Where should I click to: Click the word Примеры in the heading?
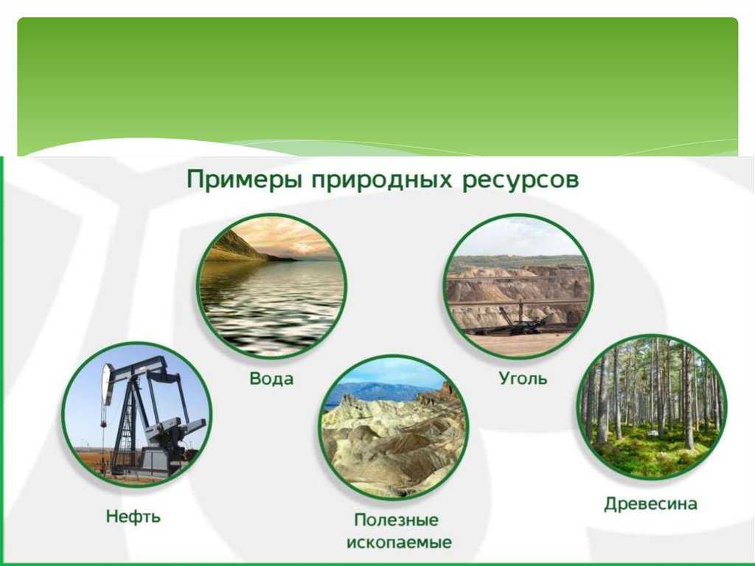(x=245, y=180)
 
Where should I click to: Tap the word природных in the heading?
(x=382, y=180)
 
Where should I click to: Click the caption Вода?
(x=271, y=379)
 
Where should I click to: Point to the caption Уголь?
(x=523, y=378)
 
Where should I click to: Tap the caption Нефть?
(x=133, y=517)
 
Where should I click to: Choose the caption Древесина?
(x=650, y=504)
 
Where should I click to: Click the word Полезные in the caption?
(x=396, y=520)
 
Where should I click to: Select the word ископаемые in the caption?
(x=399, y=542)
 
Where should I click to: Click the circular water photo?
(x=271, y=286)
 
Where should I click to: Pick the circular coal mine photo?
(x=518, y=286)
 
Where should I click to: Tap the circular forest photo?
(x=652, y=408)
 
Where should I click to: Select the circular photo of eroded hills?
(x=394, y=427)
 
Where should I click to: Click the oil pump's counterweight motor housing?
(x=173, y=434)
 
